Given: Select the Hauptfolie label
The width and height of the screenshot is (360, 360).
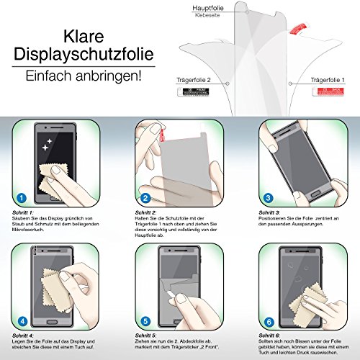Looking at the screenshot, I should point(207,6).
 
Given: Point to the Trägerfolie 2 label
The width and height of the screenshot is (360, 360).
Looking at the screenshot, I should point(194,83).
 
